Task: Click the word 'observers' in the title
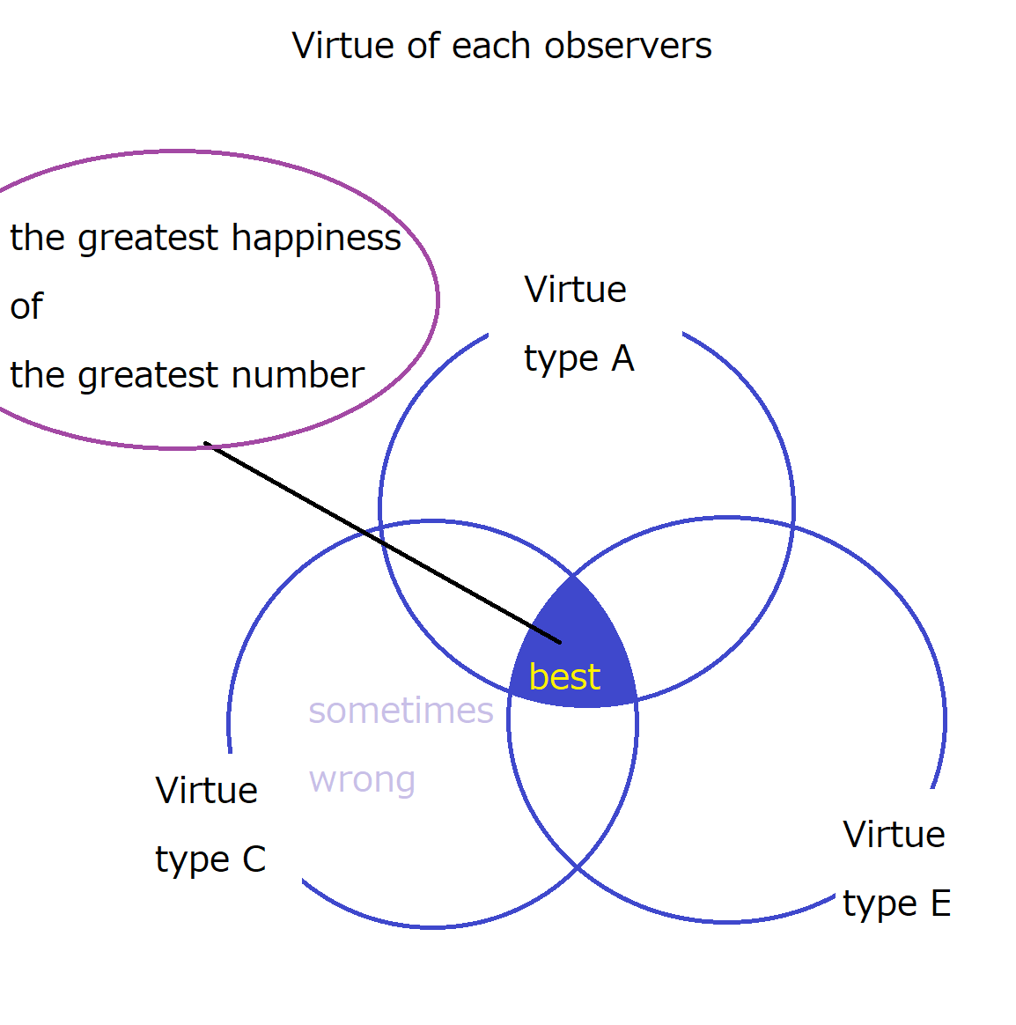tap(628, 46)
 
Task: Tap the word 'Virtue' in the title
tap(342, 46)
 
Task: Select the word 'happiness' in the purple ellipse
tap(316, 237)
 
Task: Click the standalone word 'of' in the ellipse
tap(26, 306)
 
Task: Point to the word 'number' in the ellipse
tap(298, 375)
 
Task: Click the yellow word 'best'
tap(564, 676)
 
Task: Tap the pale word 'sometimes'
tap(401, 711)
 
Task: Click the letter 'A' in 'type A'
tap(622, 358)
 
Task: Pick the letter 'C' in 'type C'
tap(254, 859)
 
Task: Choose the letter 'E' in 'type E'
tap(941, 903)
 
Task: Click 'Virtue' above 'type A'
tap(575, 290)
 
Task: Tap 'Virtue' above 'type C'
tap(207, 790)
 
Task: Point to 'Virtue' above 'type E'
tap(894, 834)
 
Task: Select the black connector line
tap(382, 542)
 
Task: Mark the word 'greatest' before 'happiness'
tap(148, 238)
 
